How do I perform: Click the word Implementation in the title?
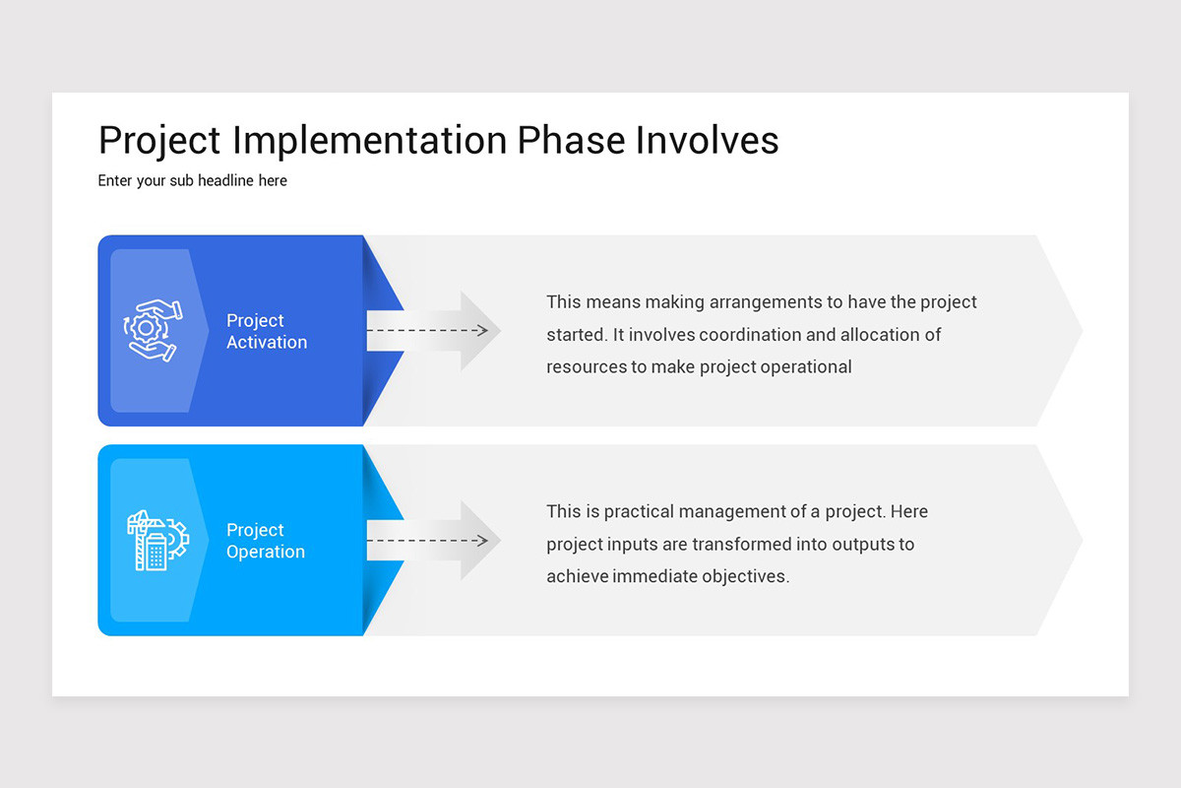pos(372,141)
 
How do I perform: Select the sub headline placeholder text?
pos(192,181)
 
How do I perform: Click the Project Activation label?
pos(266,331)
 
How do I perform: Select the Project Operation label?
pos(265,541)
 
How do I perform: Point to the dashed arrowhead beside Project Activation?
pos(481,330)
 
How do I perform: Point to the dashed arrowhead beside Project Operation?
pos(481,540)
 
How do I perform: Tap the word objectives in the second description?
pos(744,576)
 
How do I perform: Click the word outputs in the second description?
pos(862,544)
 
